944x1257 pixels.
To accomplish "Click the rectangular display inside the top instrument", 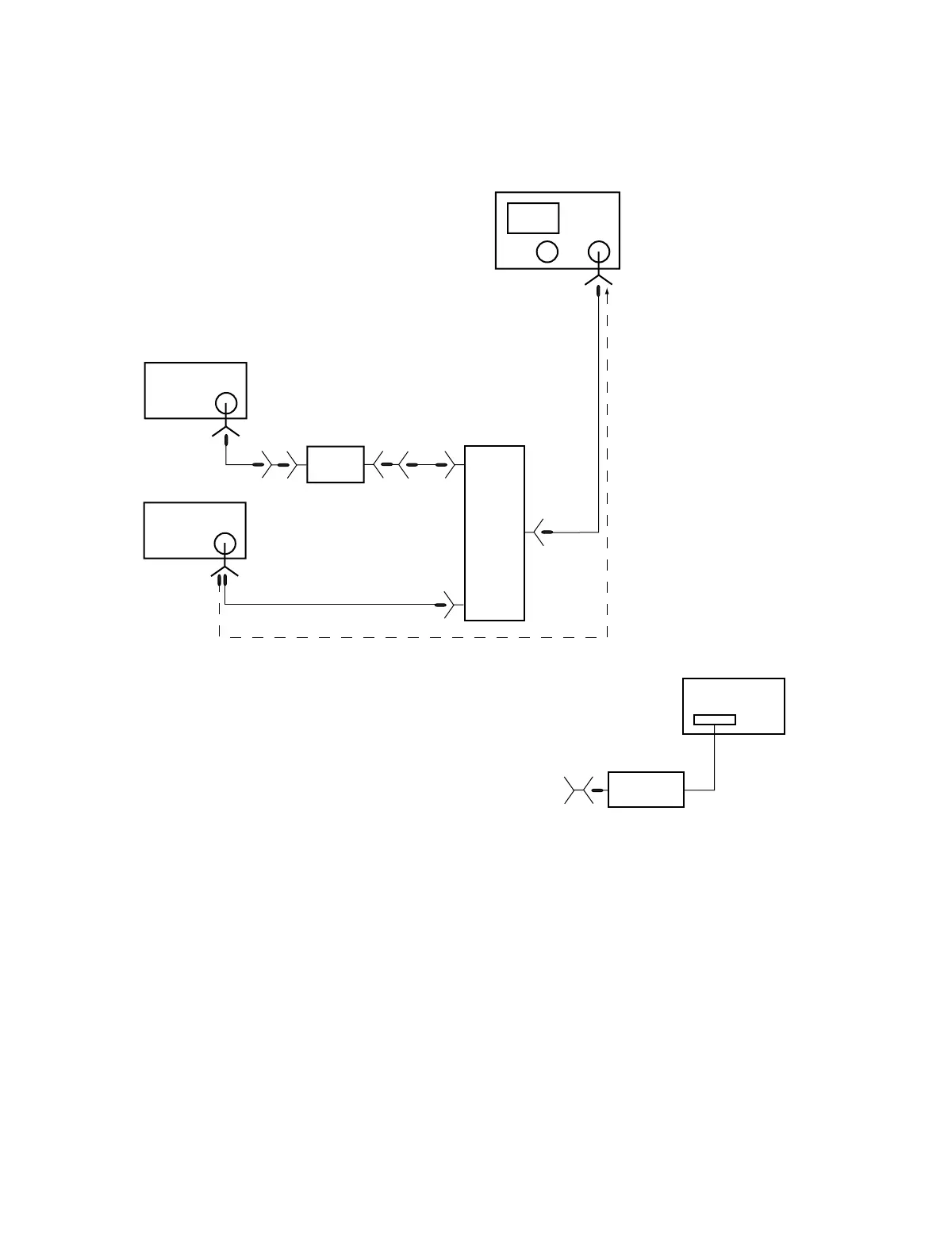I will [x=533, y=218].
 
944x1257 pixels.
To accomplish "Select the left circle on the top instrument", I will [x=547, y=252].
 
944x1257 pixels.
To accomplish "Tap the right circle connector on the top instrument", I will [x=600, y=252].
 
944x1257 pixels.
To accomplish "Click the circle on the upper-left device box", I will [x=226, y=403].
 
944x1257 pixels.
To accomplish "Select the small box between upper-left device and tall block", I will [x=336, y=464].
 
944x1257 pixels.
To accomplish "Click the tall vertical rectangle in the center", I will [x=494, y=532].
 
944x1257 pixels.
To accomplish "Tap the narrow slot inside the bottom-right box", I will [x=714, y=720].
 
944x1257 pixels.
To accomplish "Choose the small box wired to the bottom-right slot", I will [x=646, y=790].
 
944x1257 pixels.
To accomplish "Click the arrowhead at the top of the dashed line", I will [x=607, y=292].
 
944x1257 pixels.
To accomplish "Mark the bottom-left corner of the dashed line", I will [x=219, y=636].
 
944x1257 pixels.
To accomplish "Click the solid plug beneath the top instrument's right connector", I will [x=599, y=293].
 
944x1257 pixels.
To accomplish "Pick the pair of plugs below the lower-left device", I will [x=222, y=580].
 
